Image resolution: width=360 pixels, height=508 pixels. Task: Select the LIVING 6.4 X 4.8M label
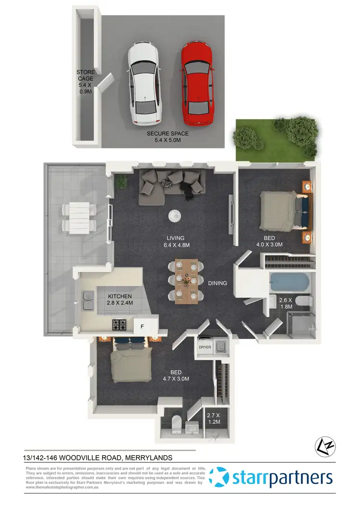tap(176, 241)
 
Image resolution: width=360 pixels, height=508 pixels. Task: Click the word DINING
tap(217, 283)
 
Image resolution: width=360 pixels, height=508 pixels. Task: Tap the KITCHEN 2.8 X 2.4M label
tap(120, 300)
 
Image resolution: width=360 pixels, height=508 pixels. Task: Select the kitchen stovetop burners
tap(119, 325)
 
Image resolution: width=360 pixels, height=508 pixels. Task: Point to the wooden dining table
tap(186, 282)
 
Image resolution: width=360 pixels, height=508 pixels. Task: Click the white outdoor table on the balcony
tap(79, 218)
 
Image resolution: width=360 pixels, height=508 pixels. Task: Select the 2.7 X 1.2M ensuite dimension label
tap(213, 418)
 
